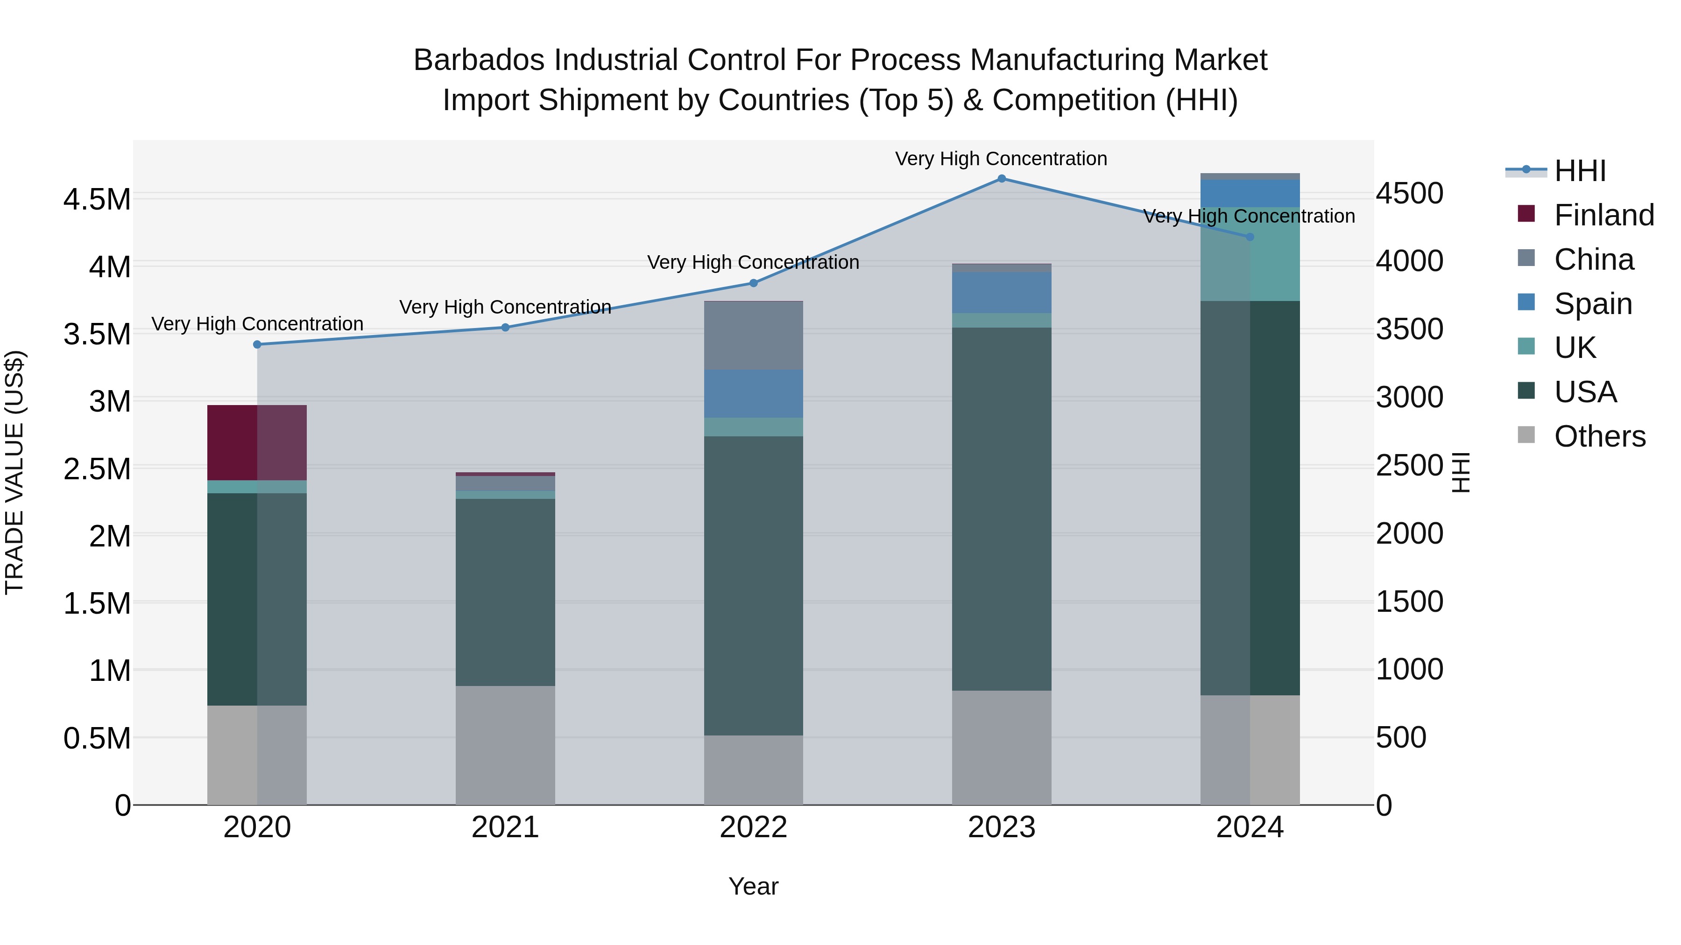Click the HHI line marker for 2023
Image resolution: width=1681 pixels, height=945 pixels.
pos(1001,179)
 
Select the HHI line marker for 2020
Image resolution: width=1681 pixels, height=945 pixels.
pos(257,344)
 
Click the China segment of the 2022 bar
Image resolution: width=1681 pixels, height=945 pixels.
pos(753,336)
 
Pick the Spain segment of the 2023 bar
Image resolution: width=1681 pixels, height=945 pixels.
pos(1001,293)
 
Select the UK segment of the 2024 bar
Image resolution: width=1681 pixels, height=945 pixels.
pos(1250,254)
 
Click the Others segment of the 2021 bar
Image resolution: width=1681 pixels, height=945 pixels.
pos(505,745)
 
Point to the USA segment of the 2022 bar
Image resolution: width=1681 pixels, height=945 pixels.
pos(753,586)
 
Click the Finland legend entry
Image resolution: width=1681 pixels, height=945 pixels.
pos(1603,215)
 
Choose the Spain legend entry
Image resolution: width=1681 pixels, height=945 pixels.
pos(1592,304)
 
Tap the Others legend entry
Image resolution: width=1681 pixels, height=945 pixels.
pos(1599,436)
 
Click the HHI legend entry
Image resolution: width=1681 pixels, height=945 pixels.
pos(1579,171)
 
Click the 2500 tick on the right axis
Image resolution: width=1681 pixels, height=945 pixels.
pos(1410,466)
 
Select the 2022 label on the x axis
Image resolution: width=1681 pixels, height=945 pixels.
pos(753,827)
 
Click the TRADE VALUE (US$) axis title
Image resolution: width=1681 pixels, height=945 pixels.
pos(14,472)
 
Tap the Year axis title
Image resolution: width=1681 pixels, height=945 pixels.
pos(753,886)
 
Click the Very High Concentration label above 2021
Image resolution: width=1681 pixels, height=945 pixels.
pos(505,307)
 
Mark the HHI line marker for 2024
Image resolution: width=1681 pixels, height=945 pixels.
pos(1250,237)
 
